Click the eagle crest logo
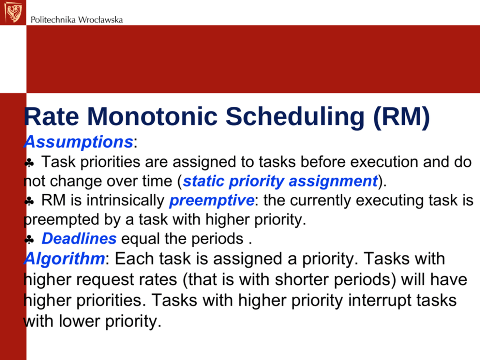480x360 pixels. [13, 12]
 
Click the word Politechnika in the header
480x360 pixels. [53, 20]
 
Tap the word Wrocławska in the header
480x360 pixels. [100, 20]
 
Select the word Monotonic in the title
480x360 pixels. [152, 116]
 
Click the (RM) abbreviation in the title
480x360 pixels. [402, 117]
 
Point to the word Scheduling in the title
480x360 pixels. [295, 117]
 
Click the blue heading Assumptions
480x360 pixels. [79, 142]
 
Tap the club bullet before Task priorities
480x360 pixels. [29, 163]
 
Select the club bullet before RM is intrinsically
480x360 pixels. [29, 201]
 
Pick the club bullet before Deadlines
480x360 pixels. [29, 240]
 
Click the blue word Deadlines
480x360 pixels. [79, 239]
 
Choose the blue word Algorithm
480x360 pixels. [64, 259]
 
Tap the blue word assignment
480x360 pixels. [333, 181]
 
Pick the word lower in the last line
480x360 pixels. [79, 321]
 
